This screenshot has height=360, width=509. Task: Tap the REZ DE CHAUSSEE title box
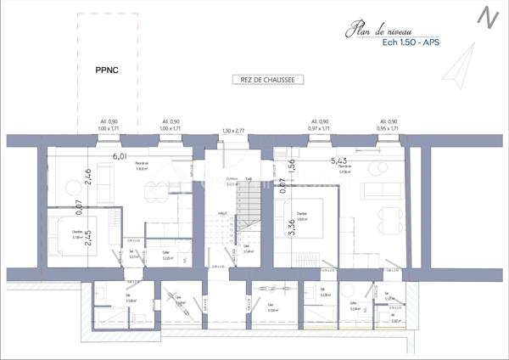point(266,80)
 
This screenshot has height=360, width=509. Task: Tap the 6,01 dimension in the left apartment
point(120,156)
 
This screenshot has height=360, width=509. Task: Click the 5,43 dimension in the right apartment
point(339,160)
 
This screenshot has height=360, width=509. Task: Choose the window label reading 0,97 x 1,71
point(319,127)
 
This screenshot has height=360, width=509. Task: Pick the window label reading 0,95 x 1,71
point(389,127)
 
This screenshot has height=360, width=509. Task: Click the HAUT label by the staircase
point(221,213)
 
